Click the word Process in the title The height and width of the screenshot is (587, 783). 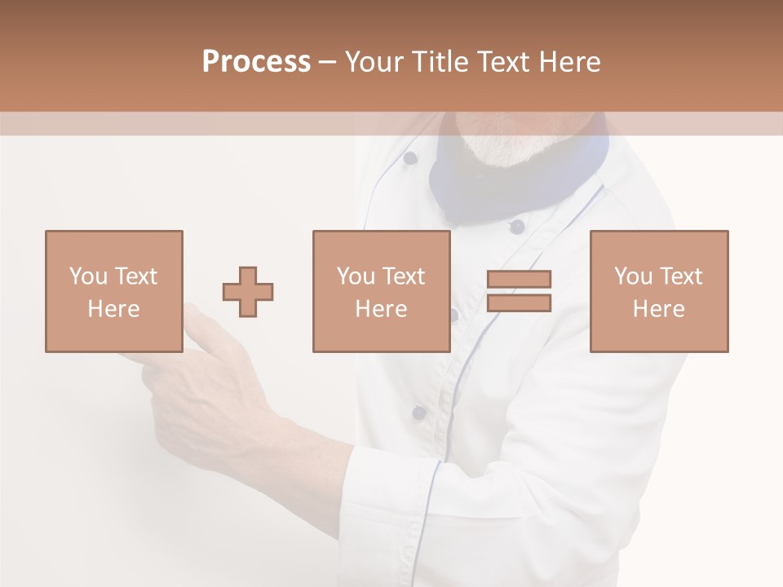256,62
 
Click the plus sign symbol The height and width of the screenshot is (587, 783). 248,291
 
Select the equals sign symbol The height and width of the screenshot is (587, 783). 519,291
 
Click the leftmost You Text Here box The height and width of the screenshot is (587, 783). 113,291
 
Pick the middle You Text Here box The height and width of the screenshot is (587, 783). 381,291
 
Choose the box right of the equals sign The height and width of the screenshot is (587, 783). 658,291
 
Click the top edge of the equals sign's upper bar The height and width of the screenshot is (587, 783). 519,271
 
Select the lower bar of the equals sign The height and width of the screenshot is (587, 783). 519,303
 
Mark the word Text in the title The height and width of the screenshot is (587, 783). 505,62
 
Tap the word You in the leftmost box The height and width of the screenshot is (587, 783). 88,276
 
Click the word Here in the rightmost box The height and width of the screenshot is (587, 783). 658,308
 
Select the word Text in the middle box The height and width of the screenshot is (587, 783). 405,276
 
